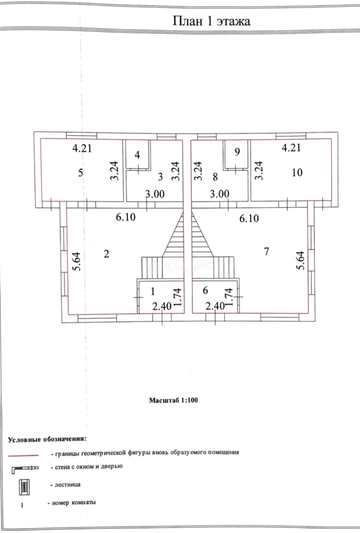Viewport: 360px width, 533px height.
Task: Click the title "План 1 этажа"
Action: (x=211, y=21)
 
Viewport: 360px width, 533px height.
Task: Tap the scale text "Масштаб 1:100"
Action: (x=173, y=401)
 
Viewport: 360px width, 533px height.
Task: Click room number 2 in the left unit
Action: (x=107, y=253)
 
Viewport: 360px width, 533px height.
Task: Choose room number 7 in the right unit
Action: (x=266, y=252)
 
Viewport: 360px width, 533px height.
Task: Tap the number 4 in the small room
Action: (x=138, y=155)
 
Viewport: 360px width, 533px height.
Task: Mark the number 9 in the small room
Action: (x=237, y=152)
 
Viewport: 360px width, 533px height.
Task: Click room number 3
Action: (x=160, y=176)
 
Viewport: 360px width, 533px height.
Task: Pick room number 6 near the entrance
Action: (x=204, y=291)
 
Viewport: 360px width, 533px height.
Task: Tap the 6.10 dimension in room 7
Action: (x=250, y=218)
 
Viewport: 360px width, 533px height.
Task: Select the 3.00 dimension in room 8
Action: (x=219, y=194)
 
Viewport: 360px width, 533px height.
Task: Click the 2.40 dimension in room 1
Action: (x=161, y=306)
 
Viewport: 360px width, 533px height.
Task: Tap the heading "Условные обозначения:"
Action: (x=47, y=439)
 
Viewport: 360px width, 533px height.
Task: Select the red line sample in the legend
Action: (x=23, y=455)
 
